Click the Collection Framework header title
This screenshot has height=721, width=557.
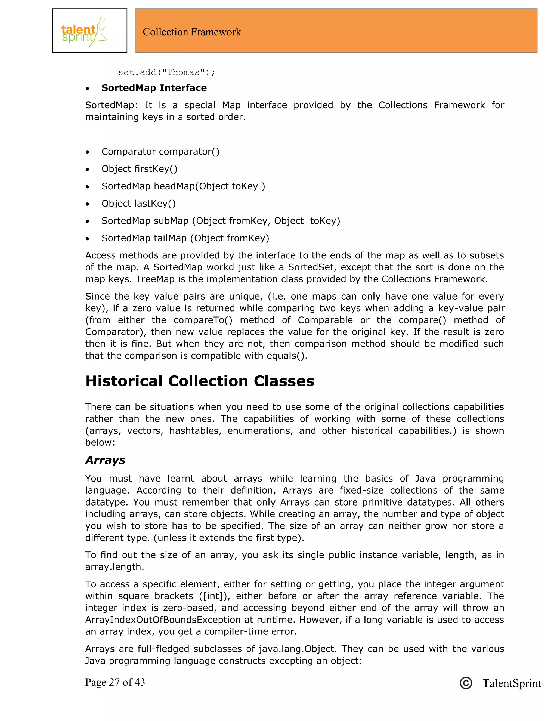coord(192,32)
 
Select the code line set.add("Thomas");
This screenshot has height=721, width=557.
coord(167,72)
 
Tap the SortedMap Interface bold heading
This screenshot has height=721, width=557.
coord(154,88)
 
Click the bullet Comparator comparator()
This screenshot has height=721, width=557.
coord(160,152)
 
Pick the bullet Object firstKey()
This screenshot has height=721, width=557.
coord(139,169)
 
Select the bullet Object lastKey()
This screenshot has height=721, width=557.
coord(139,203)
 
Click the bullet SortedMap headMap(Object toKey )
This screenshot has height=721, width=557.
coord(183,186)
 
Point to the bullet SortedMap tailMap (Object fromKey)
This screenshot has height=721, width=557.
coord(185,238)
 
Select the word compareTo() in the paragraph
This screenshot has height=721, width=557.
coord(203,320)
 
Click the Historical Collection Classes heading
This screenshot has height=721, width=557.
coord(200,381)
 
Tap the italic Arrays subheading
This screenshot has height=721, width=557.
coord(105,460)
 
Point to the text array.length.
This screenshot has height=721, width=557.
coord(115,567)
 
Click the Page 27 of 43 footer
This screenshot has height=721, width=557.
coord(115,682)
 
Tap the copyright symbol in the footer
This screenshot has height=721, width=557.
coord(466,683)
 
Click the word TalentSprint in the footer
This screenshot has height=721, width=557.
coord(512,683)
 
